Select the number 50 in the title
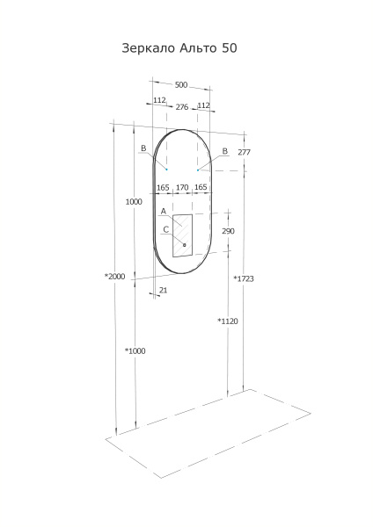tap(228, 49)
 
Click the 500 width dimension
tap(181, 85)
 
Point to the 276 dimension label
tap(182, 106)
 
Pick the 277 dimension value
tap(245, 153)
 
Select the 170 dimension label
tap(182, 187)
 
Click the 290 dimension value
tap(228, 231)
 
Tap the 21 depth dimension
tap(164, 289)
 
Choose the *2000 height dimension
tap(115, 276)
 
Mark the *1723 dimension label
tap(244, 278)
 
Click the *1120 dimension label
tap(228, 321)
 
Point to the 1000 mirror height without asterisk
tap(134, 202)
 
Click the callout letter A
tap(164, 212)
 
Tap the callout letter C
tap(165, 229)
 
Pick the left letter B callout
tap(143, 149)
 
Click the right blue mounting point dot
tap(199, 170)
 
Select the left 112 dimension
tap(159, 102)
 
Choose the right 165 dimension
tap(201, 187)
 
